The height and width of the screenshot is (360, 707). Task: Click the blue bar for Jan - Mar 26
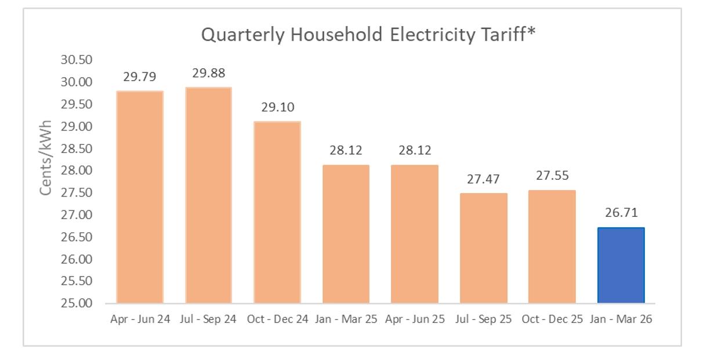pos(621,265)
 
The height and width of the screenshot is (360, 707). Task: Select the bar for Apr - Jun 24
pos(140,197)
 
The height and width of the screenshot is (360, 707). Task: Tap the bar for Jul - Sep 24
pos(208,195)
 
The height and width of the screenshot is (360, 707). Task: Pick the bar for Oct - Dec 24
pos(277,212)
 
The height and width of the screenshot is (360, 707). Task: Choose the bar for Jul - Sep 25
pos(483,248)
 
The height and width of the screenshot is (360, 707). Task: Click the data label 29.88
pos(208,73)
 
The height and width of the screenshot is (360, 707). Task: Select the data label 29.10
pos(277,107)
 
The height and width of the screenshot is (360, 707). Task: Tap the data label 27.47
pos(483,179)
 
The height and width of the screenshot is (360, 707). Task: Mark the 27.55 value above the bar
pos(552,176)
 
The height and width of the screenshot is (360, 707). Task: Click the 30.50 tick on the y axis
pos(77,60)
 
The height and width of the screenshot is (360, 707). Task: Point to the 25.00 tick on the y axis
pos(77,303)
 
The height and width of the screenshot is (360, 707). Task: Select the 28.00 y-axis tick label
pos(77,171)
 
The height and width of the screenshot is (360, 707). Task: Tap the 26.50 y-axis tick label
pos(77,237)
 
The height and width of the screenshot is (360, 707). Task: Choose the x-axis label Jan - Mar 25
pos(346,320)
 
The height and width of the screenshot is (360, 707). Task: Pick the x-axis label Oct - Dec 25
pos(552,320)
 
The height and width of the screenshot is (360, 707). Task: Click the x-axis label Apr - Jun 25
pos(414,320)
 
